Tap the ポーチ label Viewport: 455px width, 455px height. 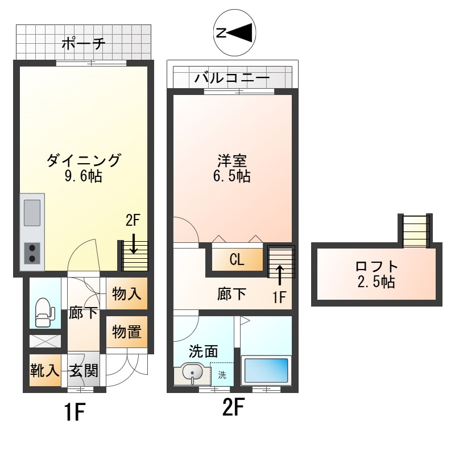[x=83, y=44]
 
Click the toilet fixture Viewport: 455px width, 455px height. [x=44, y=312]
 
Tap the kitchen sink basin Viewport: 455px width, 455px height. [x=32, y=213]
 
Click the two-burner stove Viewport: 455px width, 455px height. [x=32, y=253]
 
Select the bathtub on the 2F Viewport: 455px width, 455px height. [x=266, y=370]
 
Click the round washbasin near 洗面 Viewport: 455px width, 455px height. [x=193, y=374]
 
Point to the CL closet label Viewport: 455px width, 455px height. [x=237, y=260]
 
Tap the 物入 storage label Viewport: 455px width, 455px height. [x=126, y=294]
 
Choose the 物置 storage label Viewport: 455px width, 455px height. [x=126, y=332]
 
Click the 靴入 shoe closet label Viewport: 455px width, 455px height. [x=44, y=371]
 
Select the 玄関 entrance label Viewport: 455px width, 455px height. [x=84, y=371]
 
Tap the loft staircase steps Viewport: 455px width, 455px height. [x=415, y=230]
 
